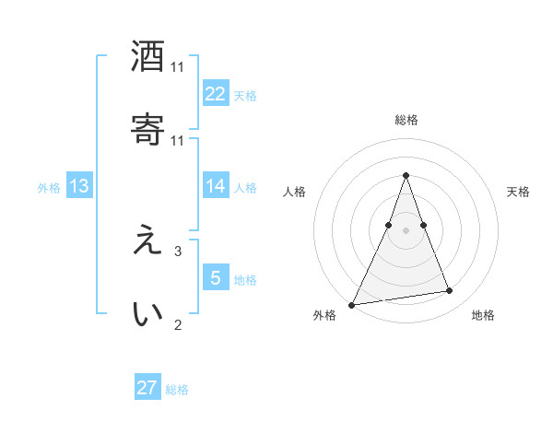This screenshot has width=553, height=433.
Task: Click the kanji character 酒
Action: pyautogui.click(x=147, y=57)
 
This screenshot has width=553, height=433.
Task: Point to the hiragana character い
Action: pyautogui.click(x=147, y=313)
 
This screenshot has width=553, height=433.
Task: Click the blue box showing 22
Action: pyautogui.click(x=216, y=93)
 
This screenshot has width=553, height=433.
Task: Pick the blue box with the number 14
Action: pyautogui.click(x=216, y=185)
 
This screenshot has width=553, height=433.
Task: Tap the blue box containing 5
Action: pyautogui.click(x=216, y=277)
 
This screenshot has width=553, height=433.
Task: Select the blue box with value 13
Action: pyautogui.click(x=79, y=185)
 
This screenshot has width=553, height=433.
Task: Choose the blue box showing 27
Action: pyautogui.click(x=147, y=388)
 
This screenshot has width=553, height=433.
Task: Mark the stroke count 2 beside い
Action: pyautogui.click(x=178, y=324)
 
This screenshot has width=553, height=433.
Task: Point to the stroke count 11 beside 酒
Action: pyautogui.click(x=178, y=67)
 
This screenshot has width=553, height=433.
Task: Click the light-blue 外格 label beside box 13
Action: pyautogui.click(x=49, y=187)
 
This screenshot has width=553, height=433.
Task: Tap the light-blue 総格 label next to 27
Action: pyautogui.click(x=177, y=390)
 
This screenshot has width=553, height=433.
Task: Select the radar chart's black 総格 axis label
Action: pyautogui.click(x=406, y=120)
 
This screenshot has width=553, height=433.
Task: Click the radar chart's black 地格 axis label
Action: pyautogui.click(x=483, y=316)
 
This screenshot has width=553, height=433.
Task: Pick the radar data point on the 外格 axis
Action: pyautogui.click(x=352, y=304)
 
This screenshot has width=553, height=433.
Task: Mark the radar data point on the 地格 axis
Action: pyautogui.click(x=450, y=291)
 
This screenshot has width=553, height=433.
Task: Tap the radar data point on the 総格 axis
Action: pyautogui.click(x=406, y=175)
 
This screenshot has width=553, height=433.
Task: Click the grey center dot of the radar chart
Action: pyautogui.click(x=406, y=229)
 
